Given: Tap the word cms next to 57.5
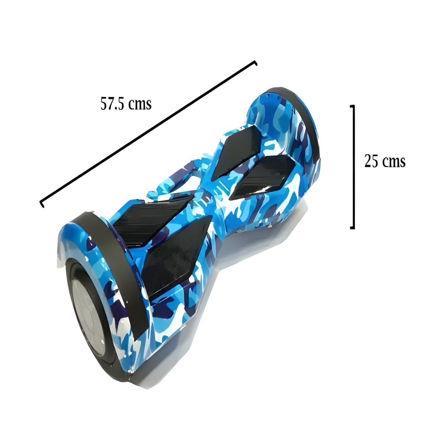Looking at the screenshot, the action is coord(140,105).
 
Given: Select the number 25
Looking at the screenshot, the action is coord(371,161).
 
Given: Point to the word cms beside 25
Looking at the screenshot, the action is coord(394,162).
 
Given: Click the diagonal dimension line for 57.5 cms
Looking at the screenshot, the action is coord(148,134).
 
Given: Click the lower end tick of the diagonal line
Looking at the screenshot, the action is coord(41,204).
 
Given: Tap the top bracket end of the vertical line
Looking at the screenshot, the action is coord(353,106).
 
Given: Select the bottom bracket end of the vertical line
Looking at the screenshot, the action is coord(353,228).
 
